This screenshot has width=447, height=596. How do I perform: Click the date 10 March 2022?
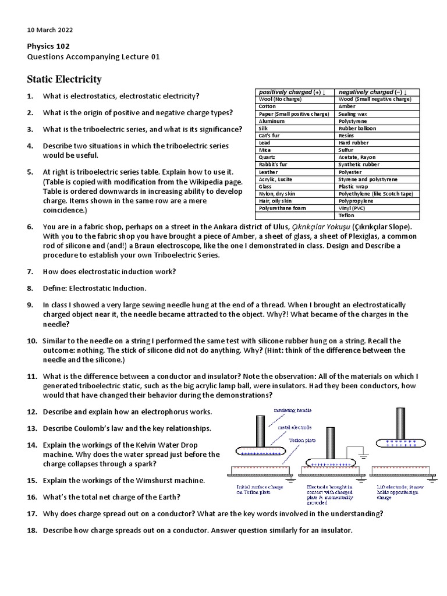click(x=50, y=30)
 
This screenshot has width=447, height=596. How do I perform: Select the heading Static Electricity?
click(x=64, y=79)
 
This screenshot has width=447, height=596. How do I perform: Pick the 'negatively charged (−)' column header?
click(x=372, y=92)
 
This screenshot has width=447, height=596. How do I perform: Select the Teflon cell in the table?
click(x=346, y=215)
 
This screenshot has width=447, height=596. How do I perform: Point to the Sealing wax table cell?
click(x=353, y=114)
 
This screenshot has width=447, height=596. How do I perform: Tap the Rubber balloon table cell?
click(x=357, y=128)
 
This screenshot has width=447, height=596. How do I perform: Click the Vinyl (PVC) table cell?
click(x=353, y=208)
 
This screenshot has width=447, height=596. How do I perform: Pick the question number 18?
click(x=32, y=530)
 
